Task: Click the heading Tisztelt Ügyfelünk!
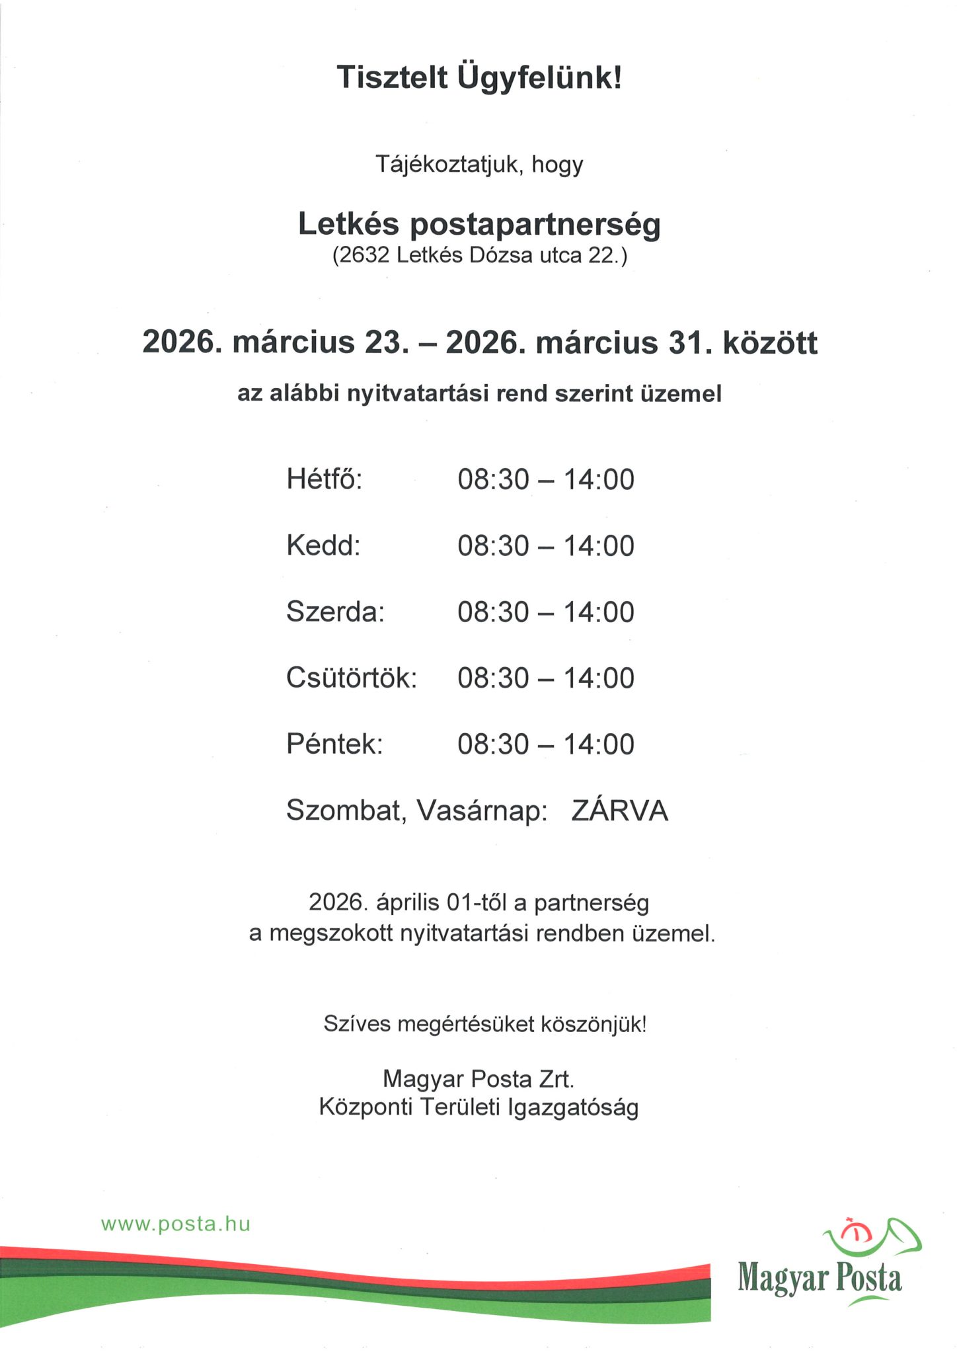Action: click(479, 78)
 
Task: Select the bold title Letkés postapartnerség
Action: click(479, 225)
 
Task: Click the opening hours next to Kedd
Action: click(546, 546)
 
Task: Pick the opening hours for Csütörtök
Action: click(546, 678)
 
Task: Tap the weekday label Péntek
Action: click(334, 744)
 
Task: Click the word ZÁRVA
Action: click(619, 811)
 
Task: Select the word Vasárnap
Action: click(482, 811)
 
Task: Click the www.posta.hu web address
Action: click(176, 1224)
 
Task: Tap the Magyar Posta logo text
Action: click(820, 1278)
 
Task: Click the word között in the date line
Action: click(770, 343)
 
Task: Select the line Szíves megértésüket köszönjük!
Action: click(485, 1024)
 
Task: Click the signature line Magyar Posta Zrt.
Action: click(478, 1079)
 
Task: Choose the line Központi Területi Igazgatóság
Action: click(478, 1107)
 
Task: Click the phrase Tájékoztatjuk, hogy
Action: click(479, 165)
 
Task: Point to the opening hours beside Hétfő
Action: click(546, 479)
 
